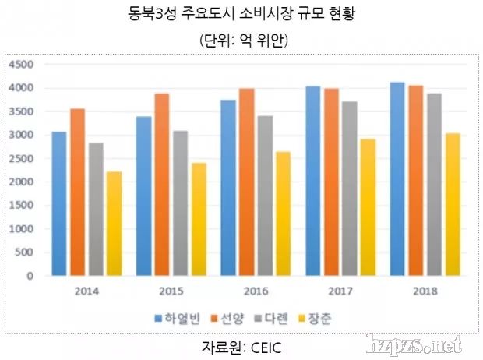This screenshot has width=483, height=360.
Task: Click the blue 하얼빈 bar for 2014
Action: [x=59, y=203]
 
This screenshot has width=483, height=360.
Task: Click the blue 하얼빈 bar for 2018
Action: [x=397, y=178]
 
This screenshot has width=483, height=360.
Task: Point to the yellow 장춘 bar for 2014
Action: [x=114, y=224]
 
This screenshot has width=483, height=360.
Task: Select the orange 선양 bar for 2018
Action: [x=415, y=180]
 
